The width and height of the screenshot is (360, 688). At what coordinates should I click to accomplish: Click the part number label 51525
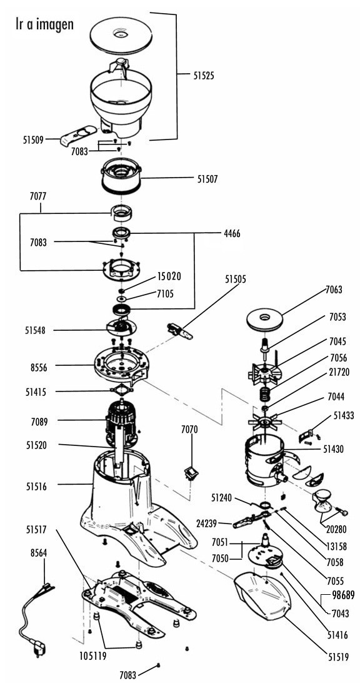click(x=204, y=76)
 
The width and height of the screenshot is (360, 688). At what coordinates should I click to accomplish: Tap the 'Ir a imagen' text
click(x=45, y=24)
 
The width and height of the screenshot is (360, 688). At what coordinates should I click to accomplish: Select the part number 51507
click(x=207, y=179)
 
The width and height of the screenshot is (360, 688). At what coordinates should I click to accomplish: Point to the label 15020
click(x=169, y=277)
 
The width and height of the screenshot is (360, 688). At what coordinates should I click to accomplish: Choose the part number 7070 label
click(x=189, y=430)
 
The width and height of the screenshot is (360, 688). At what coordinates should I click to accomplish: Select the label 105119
click(x=93, y=656)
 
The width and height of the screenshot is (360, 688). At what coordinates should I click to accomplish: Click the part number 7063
click(x=334, y=290)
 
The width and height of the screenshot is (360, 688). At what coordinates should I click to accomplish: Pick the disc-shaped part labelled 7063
click(x=264, y=319)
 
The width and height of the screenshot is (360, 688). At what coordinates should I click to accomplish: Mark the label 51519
click(x=338, y=657)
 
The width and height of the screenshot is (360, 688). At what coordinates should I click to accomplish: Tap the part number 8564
click(x=39, y=554)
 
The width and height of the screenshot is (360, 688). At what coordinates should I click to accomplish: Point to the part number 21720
click(x=339, y=372)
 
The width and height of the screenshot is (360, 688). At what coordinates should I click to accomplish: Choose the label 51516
click(x=36, y=486)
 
